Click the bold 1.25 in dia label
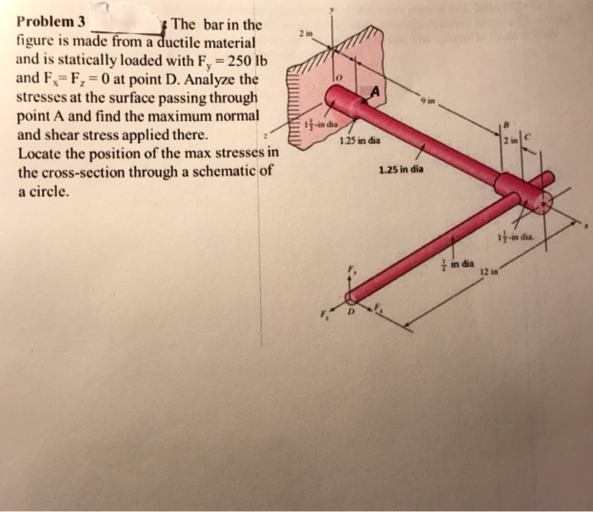[402, 169]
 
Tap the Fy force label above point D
[355, 270]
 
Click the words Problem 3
[52, 23]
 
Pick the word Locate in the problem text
[41, 156]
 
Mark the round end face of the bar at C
[540, 199]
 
